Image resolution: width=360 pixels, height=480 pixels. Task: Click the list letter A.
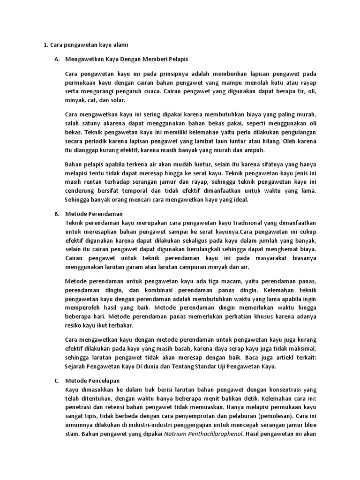pos(57,60)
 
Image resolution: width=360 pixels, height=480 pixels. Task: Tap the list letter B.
pos(57,214)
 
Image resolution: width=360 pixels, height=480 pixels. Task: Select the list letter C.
pos(57,380)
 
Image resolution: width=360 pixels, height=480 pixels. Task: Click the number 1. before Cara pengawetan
pos(46,45)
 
